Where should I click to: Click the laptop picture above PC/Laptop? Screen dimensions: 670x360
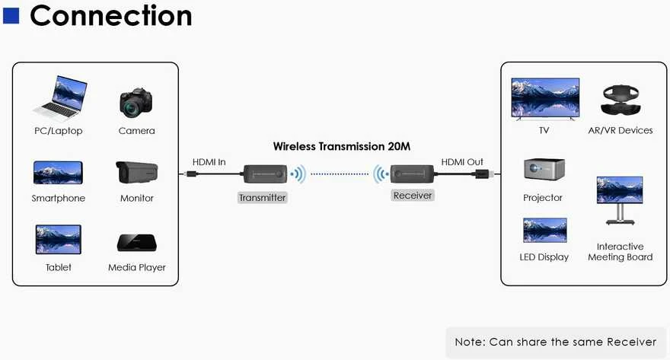click(61, 99)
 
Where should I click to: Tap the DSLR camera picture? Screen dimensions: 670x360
click(136, 103)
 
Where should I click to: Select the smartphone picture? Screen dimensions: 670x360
click(58, 173)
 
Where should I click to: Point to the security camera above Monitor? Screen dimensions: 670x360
click(136, 173)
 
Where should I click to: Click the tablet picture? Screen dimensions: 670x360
click(58, 239)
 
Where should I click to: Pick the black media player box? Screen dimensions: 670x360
click(137, 243)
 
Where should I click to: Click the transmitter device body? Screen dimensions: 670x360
click(265, 174)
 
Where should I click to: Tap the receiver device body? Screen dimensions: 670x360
click(412, 174)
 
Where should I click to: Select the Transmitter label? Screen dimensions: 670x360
click(263, 197)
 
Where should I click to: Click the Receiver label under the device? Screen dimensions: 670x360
click(413, 195)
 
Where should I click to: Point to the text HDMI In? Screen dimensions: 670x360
click(209, 162)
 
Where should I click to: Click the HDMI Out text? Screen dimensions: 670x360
click(462, 162)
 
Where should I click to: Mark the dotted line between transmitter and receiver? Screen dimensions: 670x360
click(340, 174)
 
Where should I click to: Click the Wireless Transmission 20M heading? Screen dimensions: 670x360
click(341, 146)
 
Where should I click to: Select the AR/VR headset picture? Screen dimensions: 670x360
click(621, 100)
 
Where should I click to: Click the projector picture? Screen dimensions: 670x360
click(544, 169)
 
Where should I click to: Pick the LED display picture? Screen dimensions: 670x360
click(545, 230)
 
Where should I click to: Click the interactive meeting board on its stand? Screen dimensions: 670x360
click(620, 200)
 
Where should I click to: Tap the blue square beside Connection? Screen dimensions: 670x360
click(11, 15)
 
